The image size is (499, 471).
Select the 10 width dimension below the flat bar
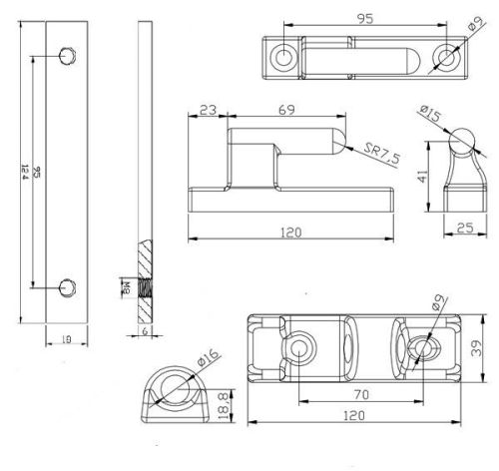(x=68, y=340)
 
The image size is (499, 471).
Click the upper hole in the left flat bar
(x=67, y=54)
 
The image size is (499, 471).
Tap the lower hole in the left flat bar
(x=67, y=285)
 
